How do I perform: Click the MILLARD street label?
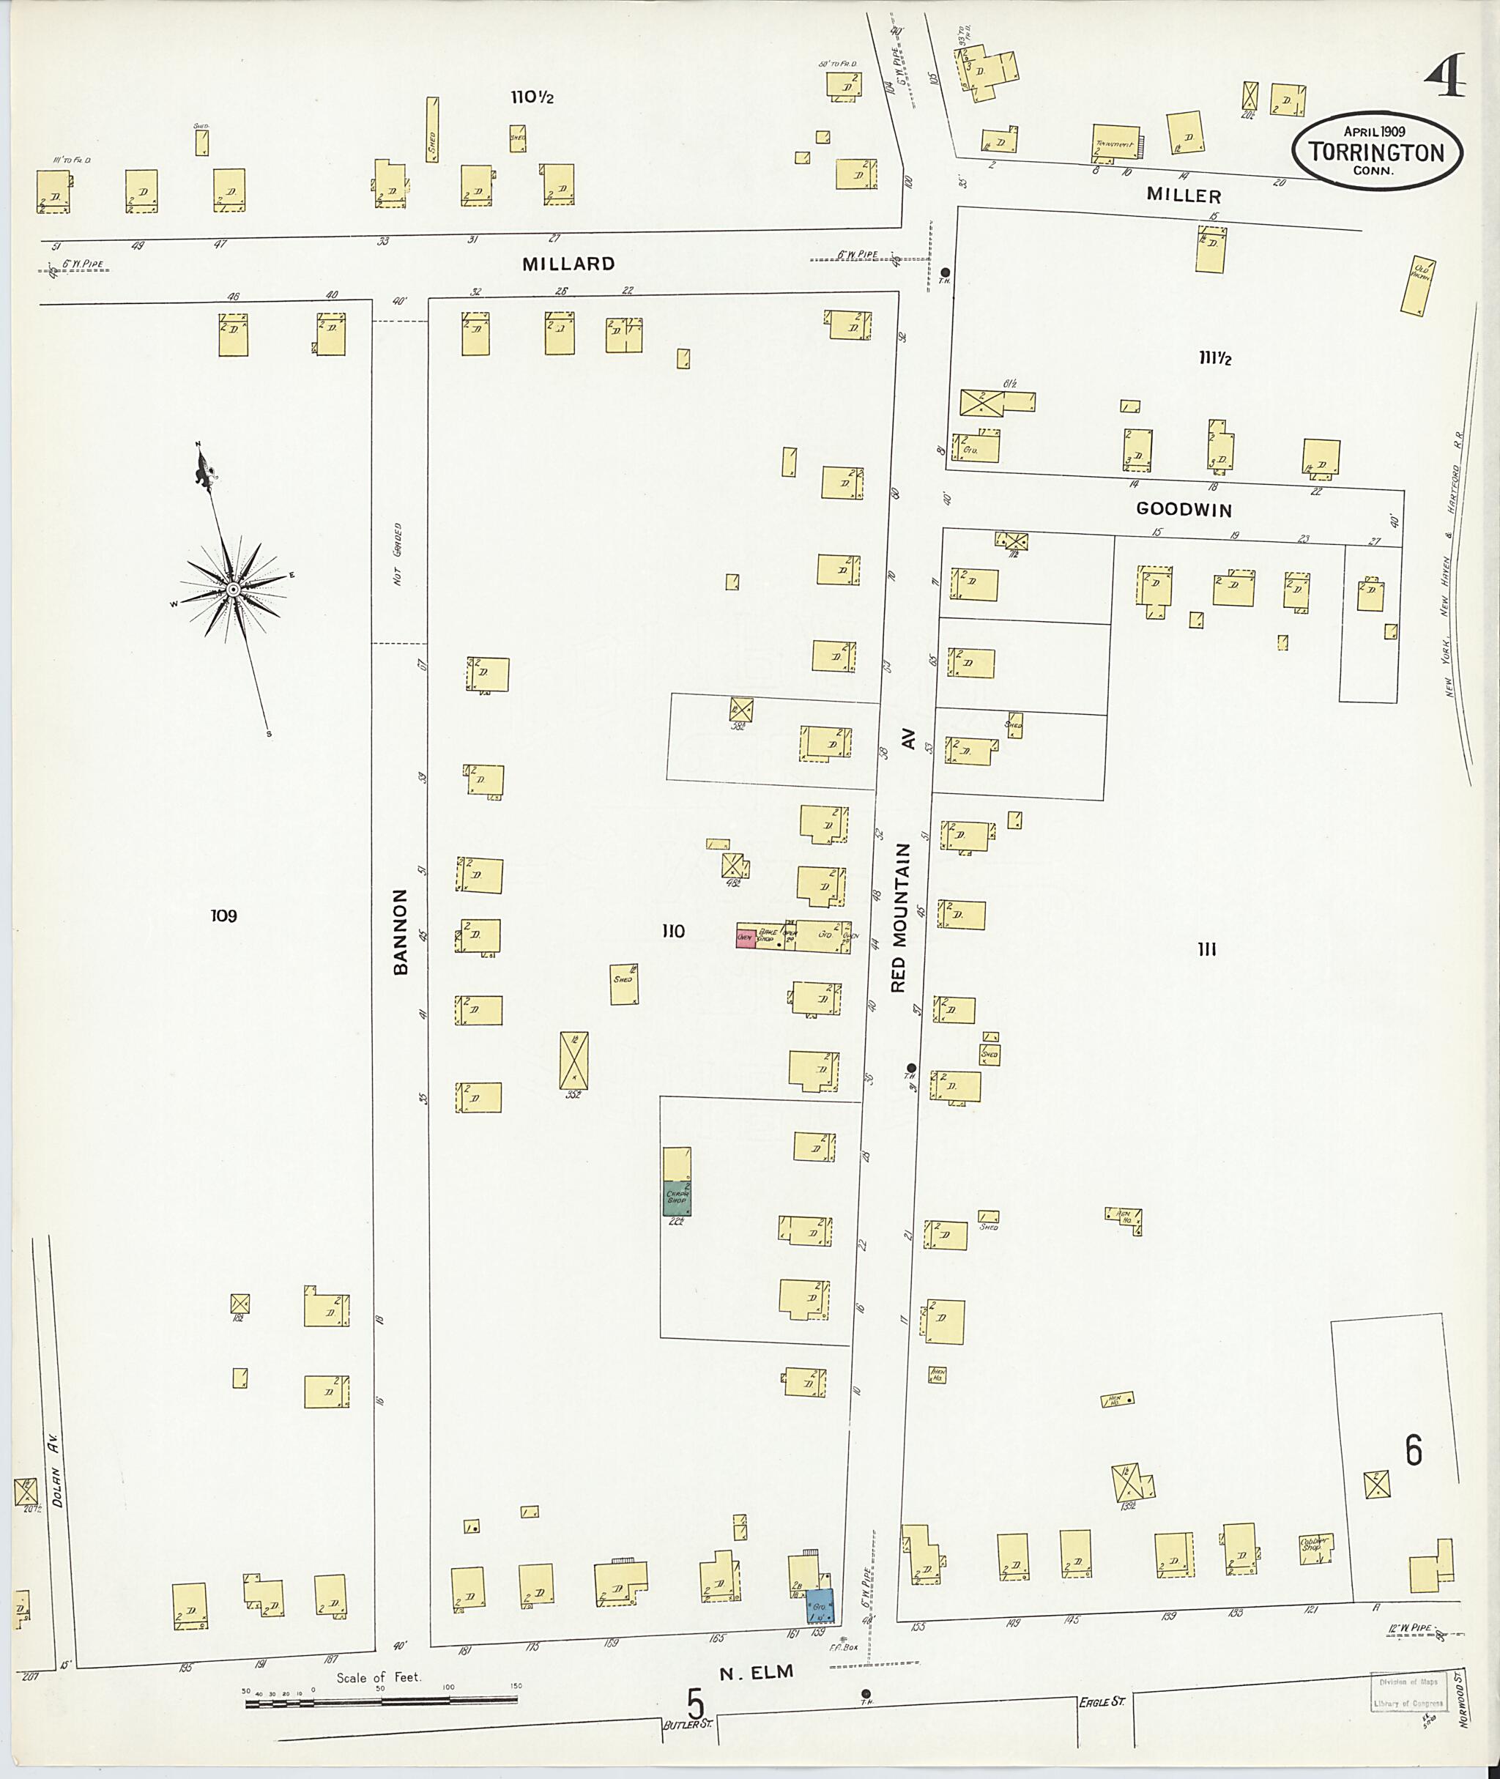568,264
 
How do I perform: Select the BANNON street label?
401,931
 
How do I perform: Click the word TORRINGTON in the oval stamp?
1377,153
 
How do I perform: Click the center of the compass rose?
231,588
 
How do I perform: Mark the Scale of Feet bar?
381,1701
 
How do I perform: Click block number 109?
223,916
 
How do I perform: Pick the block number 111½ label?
1215,359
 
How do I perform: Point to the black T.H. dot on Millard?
945,272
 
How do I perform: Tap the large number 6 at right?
1414,1451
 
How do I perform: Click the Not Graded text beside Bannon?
398,554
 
